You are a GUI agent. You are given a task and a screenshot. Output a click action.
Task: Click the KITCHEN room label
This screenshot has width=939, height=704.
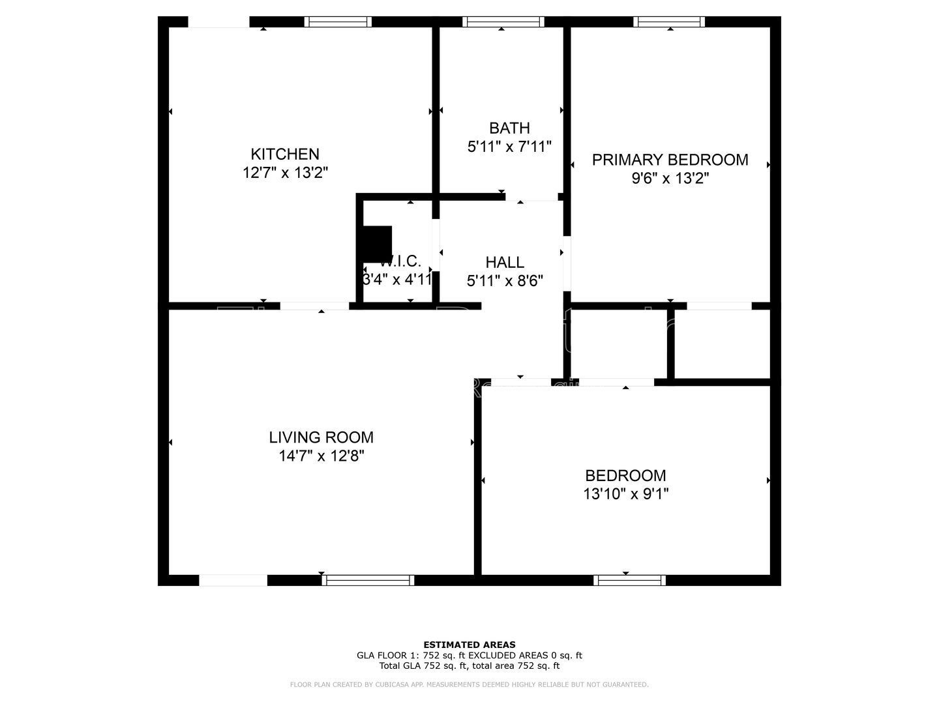point(285,154)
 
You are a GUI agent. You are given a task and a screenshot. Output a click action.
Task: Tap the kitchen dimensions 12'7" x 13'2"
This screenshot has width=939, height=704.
point(285,173)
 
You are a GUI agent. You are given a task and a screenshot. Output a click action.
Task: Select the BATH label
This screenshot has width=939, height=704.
point(509,128)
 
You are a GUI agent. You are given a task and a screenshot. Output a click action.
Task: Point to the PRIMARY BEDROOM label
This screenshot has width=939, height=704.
point(670,160)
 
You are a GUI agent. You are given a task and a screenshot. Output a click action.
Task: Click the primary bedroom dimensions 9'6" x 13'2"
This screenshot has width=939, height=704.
point(670,179)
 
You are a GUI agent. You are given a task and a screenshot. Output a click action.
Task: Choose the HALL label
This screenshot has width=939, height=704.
point(505,262)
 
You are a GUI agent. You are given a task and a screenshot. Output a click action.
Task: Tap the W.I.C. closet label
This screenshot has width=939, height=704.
point(400,261)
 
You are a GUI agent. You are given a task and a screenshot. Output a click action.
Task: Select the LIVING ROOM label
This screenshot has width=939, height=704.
point(321,437)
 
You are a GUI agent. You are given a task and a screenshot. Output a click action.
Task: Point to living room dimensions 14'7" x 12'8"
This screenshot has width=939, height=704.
point(321,456)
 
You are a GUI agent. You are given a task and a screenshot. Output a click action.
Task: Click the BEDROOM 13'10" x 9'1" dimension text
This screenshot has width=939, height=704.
point(625,494)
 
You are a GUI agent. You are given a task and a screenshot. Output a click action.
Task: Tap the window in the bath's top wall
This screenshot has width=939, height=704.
point(503,22)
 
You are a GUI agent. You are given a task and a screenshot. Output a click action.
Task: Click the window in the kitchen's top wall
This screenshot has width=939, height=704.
point(338,22)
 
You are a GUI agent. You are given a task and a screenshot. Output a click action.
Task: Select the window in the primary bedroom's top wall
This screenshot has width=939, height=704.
point(669,22)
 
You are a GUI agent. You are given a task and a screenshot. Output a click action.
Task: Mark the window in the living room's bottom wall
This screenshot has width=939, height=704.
point(367,580)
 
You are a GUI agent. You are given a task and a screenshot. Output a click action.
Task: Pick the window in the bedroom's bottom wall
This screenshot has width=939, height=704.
point(629,580)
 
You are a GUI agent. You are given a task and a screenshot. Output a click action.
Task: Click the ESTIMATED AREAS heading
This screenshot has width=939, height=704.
point(469,645)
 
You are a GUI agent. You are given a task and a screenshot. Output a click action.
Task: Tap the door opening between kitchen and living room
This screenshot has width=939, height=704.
point(314,306)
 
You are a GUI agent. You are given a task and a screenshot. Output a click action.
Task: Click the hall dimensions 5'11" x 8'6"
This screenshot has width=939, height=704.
point(505,281)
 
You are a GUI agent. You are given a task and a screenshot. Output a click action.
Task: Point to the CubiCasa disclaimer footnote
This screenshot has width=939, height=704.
point(469,684)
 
